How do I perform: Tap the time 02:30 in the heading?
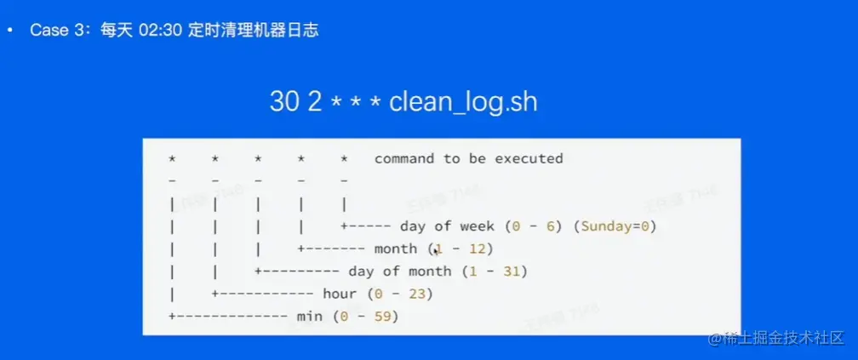(x=160, y=30)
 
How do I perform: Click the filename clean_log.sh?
(x=463, y=102)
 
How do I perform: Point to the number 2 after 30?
(x=315, y=102)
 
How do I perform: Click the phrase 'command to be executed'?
(x=468, y=158)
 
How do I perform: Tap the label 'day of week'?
(x=447, y=226)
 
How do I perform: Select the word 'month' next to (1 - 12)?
(x=395, y=249)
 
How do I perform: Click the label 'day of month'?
(x=400, y=271)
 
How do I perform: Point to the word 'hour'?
(x=340, y=294)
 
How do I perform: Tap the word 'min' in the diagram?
(x=309, y=317)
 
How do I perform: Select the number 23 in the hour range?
(x=417, y=294)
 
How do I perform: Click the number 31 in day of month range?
(x=512, y=271)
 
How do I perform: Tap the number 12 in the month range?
(x=478, y=249)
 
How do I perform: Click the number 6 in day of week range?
(x=551, y=226)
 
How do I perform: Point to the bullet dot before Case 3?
(x=10, y=31)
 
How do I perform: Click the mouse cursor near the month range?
(x=436, y=250)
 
